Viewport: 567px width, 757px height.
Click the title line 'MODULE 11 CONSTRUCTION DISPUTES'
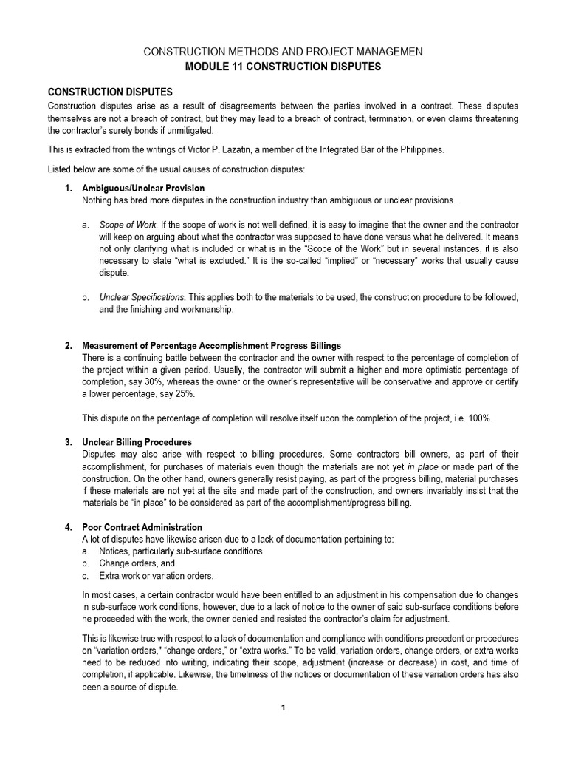tap(283, 67)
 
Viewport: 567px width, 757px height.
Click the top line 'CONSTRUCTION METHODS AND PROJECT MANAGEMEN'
tap(283, 52)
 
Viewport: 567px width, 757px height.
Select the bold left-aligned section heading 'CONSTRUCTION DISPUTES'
tap(110, 92)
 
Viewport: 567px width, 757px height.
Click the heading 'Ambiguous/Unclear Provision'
tap(143, 189)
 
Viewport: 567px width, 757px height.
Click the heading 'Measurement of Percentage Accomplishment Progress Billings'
tap(211, 346)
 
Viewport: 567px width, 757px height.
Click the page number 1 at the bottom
tap(283, 707)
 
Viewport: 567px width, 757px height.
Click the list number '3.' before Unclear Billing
tap(69, 442)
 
